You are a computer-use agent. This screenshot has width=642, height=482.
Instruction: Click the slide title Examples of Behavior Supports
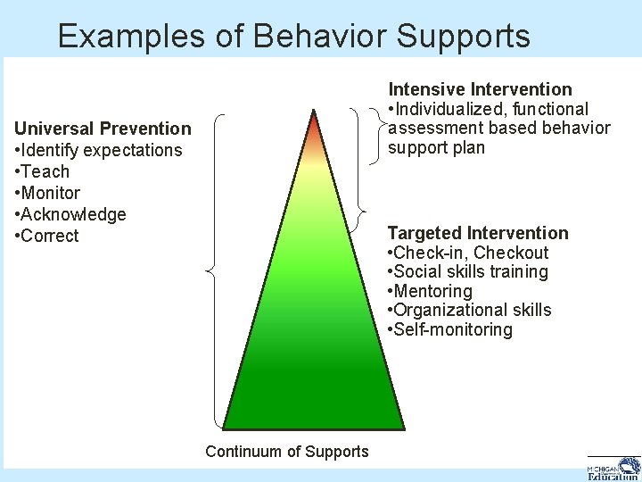293,36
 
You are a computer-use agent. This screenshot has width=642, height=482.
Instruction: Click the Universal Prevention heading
103,129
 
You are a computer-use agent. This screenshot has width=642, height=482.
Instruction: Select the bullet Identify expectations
98,150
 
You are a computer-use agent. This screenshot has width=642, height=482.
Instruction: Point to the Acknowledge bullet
70,214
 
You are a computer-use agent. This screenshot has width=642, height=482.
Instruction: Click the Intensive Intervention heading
480,89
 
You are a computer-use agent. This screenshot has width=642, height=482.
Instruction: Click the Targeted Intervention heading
477,233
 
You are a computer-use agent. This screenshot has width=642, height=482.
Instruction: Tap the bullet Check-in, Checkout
468,253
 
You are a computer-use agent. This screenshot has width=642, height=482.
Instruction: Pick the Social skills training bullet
468,271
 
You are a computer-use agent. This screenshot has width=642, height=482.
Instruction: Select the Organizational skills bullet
470,310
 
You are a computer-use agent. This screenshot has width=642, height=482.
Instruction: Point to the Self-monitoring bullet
450,329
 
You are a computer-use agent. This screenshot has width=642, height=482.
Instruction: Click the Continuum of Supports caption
286,452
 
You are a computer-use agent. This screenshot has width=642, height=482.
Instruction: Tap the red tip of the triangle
314,125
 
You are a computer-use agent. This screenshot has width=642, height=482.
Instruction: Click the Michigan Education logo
613,468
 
